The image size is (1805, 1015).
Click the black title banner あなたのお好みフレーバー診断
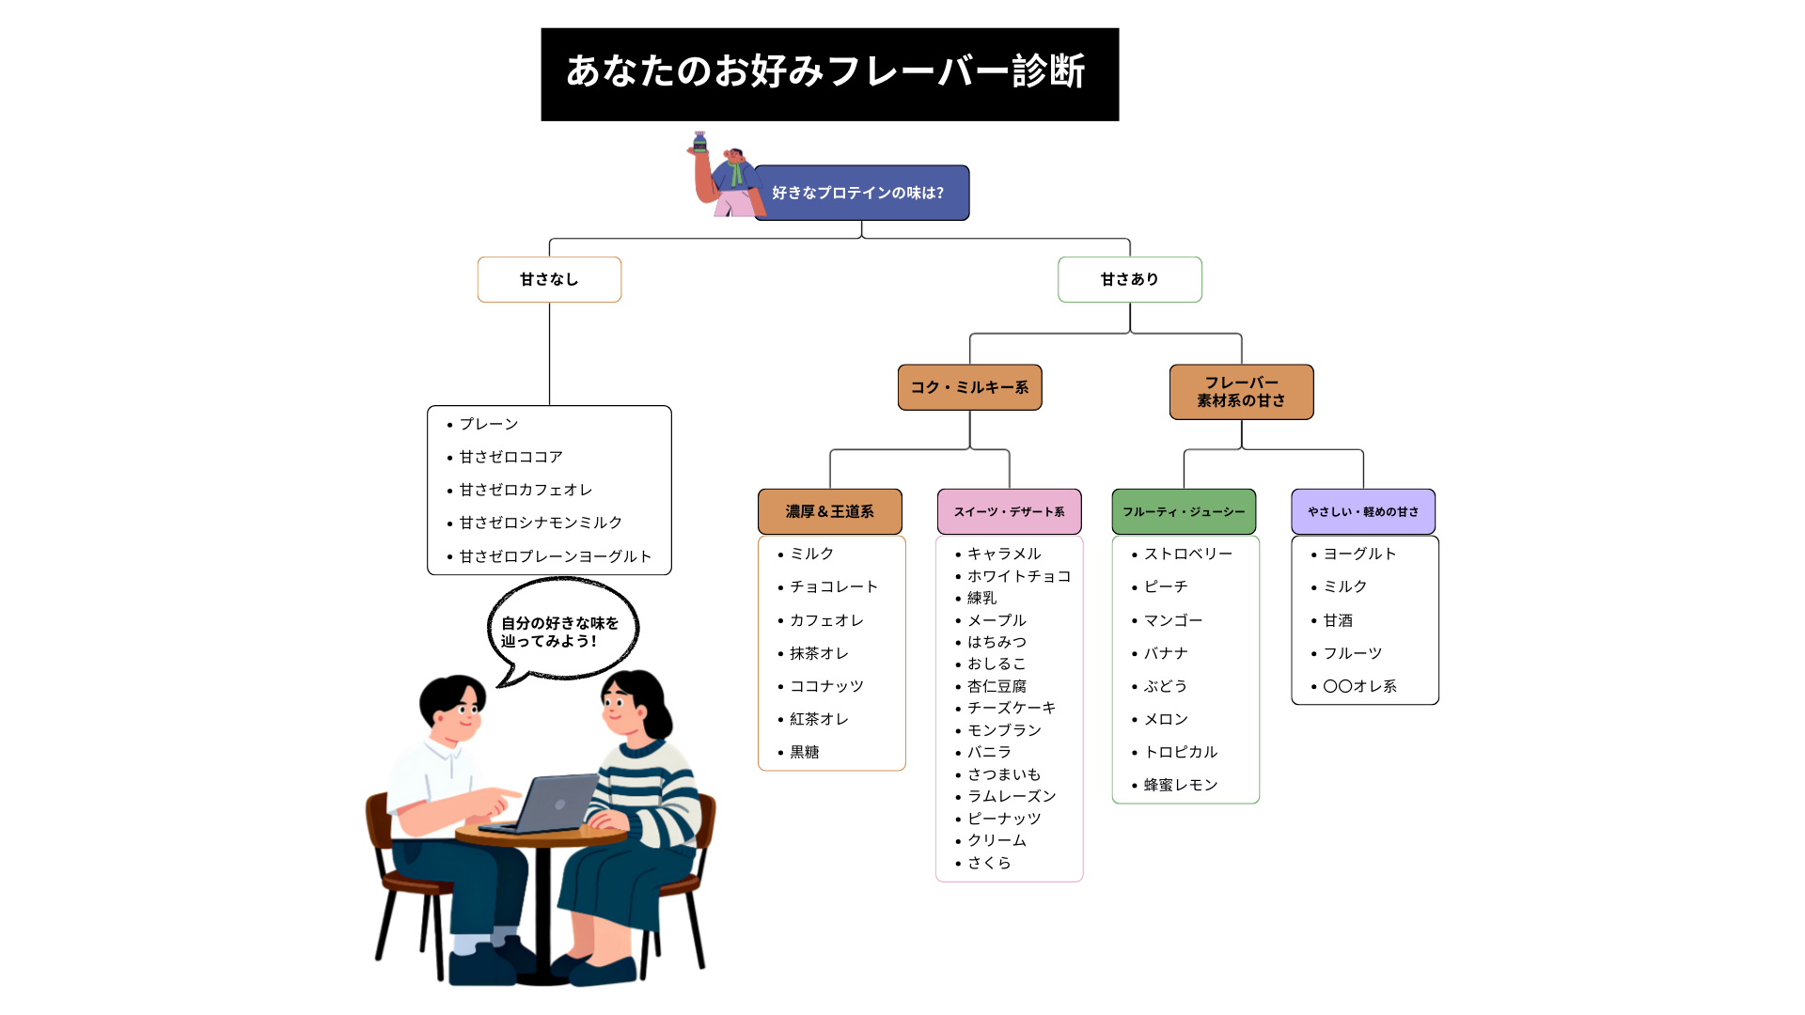coord(829,73)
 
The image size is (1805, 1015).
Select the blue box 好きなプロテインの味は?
coord(861,193)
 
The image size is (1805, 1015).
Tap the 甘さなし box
coord(549,279)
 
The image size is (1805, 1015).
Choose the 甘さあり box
coord(1129,279)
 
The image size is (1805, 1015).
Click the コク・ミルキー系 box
coord(969,387)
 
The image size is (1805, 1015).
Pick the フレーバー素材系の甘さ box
coord(1241,392)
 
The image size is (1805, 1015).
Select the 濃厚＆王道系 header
coord(829,511)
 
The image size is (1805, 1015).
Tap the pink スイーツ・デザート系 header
coord(1009,511)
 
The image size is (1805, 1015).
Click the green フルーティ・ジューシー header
coord(1184,511)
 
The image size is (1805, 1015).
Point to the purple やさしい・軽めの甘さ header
coord(1362,511)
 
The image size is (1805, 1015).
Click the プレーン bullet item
coord(488,424)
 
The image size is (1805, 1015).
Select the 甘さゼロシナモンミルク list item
coord(541,523)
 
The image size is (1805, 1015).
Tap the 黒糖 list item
coord(804,752)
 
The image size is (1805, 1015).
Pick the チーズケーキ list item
coord(1011,708)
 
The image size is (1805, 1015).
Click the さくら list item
coord(989,863)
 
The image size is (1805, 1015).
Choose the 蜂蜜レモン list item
coord(1180,785)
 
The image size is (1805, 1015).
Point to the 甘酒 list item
coord(1338,620)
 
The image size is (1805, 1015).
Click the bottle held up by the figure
coord(699,142)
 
